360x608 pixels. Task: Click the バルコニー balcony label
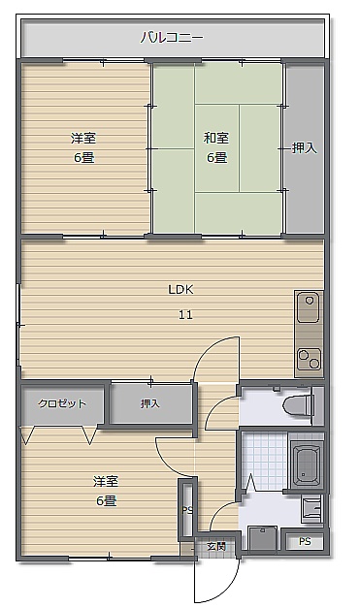point(172,38)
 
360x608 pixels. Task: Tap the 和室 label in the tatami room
point(216,138)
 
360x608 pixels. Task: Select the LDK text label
point(180,289)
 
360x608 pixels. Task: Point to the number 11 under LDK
point(185,314)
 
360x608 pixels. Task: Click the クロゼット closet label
point(62,403)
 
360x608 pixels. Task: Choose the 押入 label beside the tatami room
point(304,147)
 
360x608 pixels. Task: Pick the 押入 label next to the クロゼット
point(150,403)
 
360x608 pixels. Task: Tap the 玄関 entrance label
point(215,546)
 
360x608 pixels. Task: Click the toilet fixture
point(298,405)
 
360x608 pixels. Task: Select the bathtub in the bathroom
point(307,465)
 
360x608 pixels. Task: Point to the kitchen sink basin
point(309,307)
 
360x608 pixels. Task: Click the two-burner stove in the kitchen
point(310,359)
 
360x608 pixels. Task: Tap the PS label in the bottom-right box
point(305,541)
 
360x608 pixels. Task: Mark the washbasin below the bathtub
point(311,507)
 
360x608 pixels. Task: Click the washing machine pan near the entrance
point(263,537)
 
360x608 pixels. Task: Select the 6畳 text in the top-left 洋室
point(84,157)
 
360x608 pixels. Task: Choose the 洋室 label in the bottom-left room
point(106,482)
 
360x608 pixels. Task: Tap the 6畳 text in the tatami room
point(216,157)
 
